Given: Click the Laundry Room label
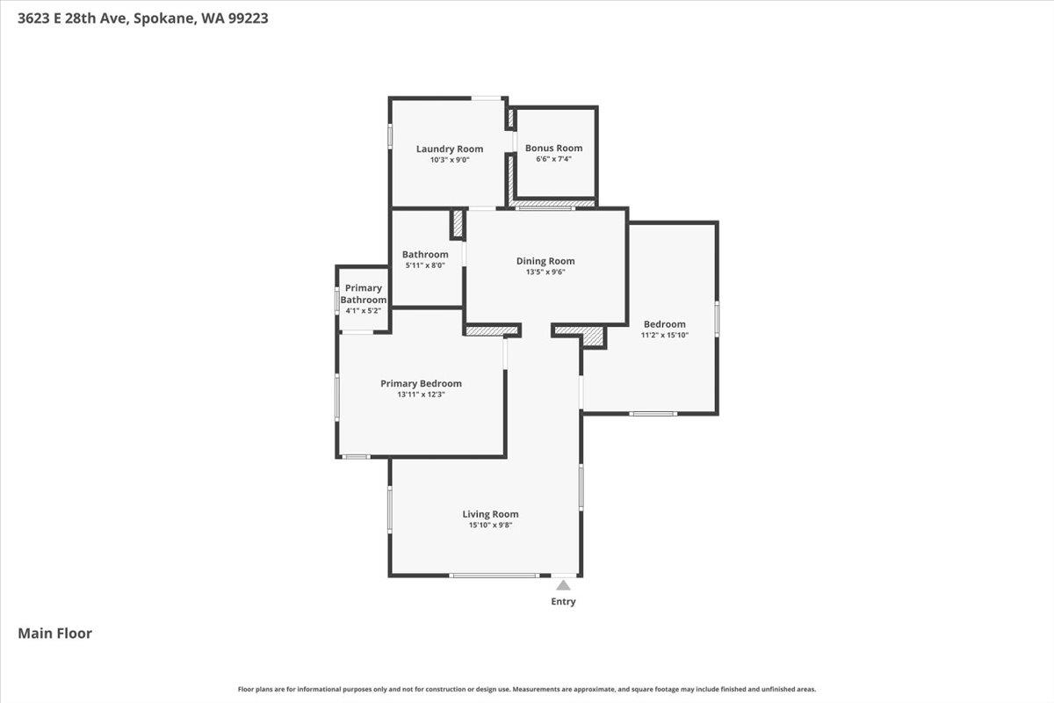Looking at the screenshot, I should pos(450,149).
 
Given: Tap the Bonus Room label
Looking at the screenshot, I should pos(554,148).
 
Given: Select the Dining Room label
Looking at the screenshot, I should pos(545,260).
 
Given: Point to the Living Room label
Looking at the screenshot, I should pos(490,514).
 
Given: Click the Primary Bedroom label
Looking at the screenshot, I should pos(421,383).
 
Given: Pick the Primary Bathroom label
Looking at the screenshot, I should pos(364,294).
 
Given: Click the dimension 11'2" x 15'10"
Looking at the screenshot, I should pos(664,335).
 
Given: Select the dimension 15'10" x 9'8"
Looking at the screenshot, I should pos(490,525).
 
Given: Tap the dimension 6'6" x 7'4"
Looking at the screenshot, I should pos(554,159).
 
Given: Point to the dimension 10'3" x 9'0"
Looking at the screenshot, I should pos(450,160).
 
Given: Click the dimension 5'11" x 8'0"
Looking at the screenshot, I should pos(425,265).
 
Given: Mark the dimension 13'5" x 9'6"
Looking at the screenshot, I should pos(545,272).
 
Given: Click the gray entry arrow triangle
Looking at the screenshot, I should pos(563,585).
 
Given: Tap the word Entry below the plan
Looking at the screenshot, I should pos(563,602).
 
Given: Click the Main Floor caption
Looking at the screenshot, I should pos(55,633).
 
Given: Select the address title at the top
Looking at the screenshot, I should pos(143,17).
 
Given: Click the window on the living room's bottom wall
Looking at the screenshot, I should pos(494,576).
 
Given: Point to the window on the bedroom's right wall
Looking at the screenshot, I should pos(717,318).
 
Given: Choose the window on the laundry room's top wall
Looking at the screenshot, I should pos(487,98).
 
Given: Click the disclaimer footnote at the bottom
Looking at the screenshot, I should pos(527,689).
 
